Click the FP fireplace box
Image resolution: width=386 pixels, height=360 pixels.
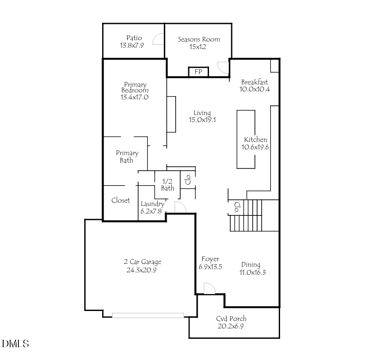198,72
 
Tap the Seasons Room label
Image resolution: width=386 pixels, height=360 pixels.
199,39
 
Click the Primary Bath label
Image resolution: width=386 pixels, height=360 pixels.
127,156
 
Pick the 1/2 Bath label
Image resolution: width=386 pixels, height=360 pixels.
168,185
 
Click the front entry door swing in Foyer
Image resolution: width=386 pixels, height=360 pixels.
209,288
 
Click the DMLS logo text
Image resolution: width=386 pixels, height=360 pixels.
15,344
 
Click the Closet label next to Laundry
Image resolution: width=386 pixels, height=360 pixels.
121,200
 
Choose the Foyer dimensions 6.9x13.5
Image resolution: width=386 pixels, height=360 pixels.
209,267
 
